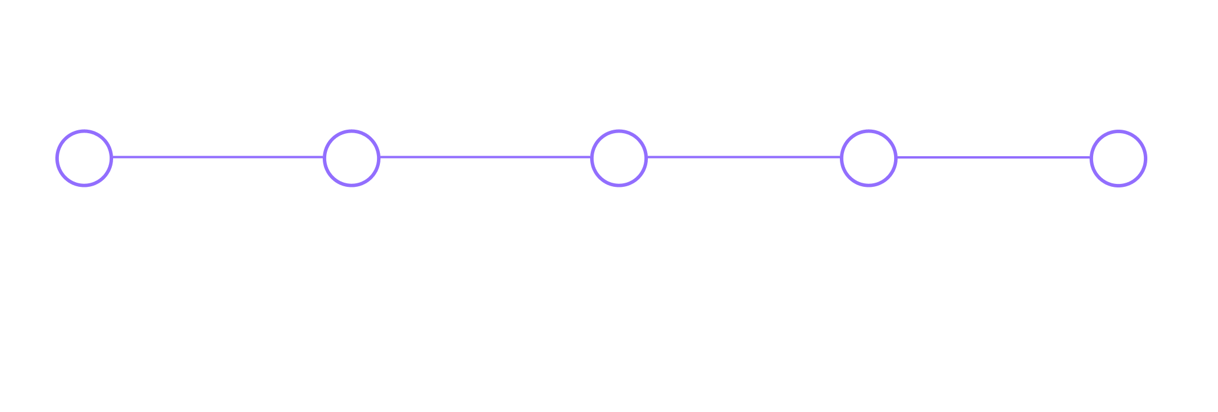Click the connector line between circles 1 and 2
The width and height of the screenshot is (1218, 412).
click(x=218, y=157)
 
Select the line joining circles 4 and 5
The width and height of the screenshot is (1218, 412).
click(x=994, y=157)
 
